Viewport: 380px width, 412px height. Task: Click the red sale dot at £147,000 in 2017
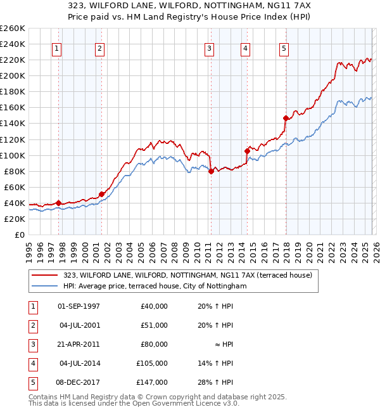[x=286, y=118]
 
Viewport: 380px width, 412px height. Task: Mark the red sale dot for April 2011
[x=211, y=171]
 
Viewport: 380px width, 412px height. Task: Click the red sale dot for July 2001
[x=101, y=194]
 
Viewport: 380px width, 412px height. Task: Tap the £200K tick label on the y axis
[x=13, y=75]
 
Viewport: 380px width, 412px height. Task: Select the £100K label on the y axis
[x=13, y=155]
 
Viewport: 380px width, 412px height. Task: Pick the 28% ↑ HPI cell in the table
[x=215, y=382]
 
